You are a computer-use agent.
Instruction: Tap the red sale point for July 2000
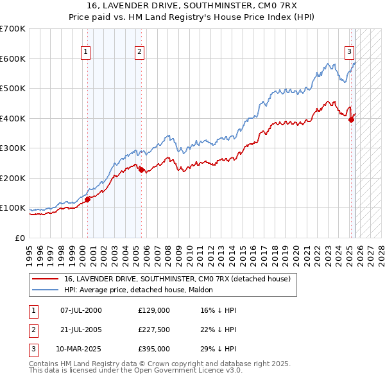point(88,199)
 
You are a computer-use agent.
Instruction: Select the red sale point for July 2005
point(141,170)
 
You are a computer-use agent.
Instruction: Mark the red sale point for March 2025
point(351,119)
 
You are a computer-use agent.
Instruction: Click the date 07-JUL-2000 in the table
point(81,310)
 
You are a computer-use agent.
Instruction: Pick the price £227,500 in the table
point(154,330)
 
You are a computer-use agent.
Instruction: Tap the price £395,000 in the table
point(154,349)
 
